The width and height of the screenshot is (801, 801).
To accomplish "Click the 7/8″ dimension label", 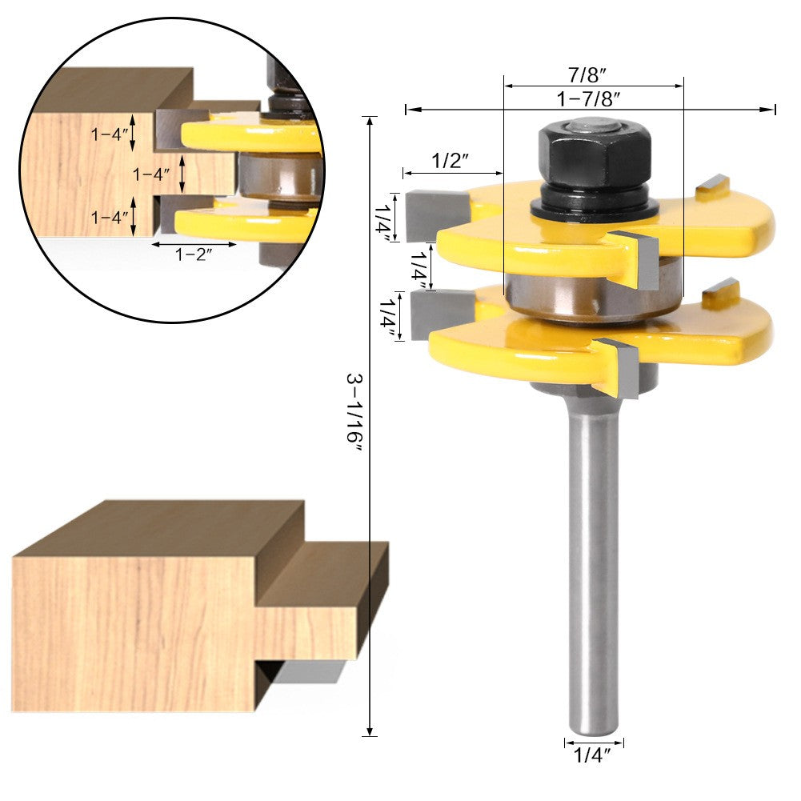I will click(593, 76).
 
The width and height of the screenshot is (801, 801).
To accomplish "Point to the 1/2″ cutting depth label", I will click(451, 160).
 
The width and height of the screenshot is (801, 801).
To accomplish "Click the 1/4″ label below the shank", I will click(593, 755).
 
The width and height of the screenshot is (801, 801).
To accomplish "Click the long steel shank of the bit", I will click(593, 560).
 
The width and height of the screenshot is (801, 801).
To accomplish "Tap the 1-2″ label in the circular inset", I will click(194, 254).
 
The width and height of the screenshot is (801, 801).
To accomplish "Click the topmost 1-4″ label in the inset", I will click(110, 134).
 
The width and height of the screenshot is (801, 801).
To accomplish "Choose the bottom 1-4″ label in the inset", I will click(110, 217).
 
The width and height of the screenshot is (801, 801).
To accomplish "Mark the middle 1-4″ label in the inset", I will click(151, 174).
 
